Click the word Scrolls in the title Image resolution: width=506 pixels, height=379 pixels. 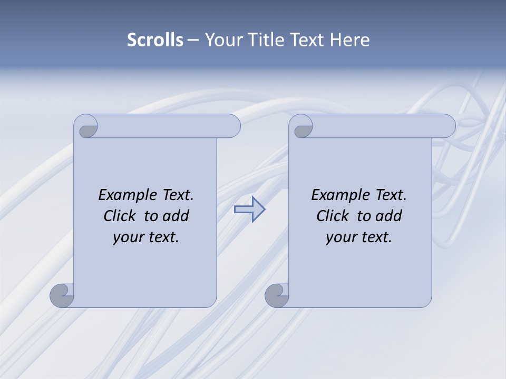(155, 40)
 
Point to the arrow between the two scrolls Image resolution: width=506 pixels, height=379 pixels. (249, 209)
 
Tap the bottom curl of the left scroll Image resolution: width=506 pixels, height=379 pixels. (63, 295)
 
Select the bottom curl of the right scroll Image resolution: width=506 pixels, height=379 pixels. (277, 295)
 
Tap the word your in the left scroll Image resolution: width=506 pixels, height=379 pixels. (128, 237)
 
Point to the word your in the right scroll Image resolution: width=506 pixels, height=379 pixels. (341, 237)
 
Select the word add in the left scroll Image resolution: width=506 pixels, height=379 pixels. (176, 216)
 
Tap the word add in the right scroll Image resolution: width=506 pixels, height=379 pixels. (389, 216)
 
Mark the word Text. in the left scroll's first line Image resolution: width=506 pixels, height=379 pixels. (176, 195)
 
